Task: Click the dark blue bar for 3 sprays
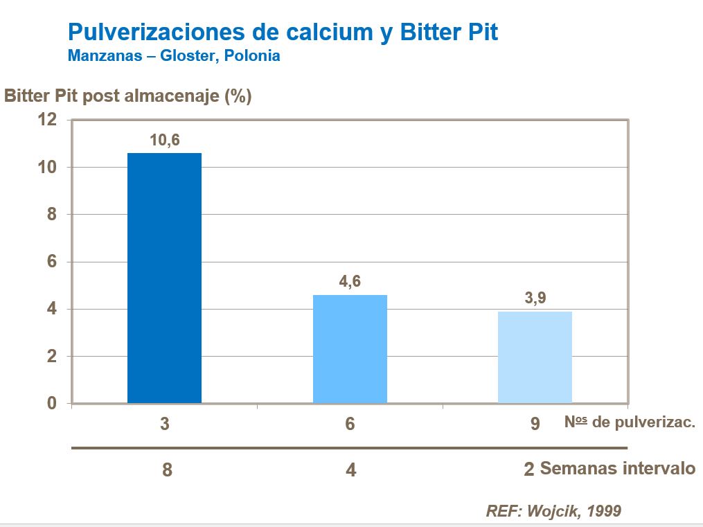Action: coord(164,277)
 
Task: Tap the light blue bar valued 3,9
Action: coord(535,357)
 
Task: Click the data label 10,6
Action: coord(164,140)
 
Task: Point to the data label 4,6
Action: coord(350,282)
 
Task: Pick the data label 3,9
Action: coord(535,298)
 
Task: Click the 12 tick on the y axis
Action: coord(46,120)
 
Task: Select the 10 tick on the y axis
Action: coord(46,168)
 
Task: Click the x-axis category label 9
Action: coord(535,424)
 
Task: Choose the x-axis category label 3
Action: coord(164,424)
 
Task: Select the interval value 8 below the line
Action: coord(166,470)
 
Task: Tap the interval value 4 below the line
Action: coord(351,470)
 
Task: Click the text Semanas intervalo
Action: coord(617,468)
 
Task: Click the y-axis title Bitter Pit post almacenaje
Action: coord(128,96)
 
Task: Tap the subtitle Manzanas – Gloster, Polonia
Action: coord(174,56)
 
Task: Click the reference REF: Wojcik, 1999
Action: coord(553,511)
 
